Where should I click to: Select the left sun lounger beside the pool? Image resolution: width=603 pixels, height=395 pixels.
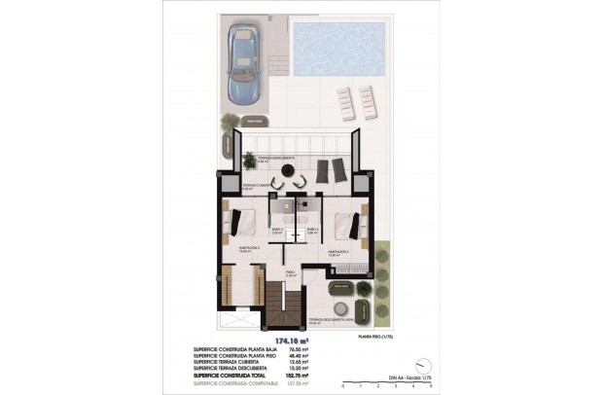click(x=345, y=101)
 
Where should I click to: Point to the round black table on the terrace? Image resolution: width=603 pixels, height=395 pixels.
click(x=288, y=169)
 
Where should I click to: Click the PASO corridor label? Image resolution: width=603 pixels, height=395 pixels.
click(x=290, y=273)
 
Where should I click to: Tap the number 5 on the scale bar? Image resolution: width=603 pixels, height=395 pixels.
click(x=429, y=386)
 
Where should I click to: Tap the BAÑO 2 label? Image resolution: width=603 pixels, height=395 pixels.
click(x=275, y=231)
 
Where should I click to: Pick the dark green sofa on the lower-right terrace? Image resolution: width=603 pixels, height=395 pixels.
click(x=342, y=288)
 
